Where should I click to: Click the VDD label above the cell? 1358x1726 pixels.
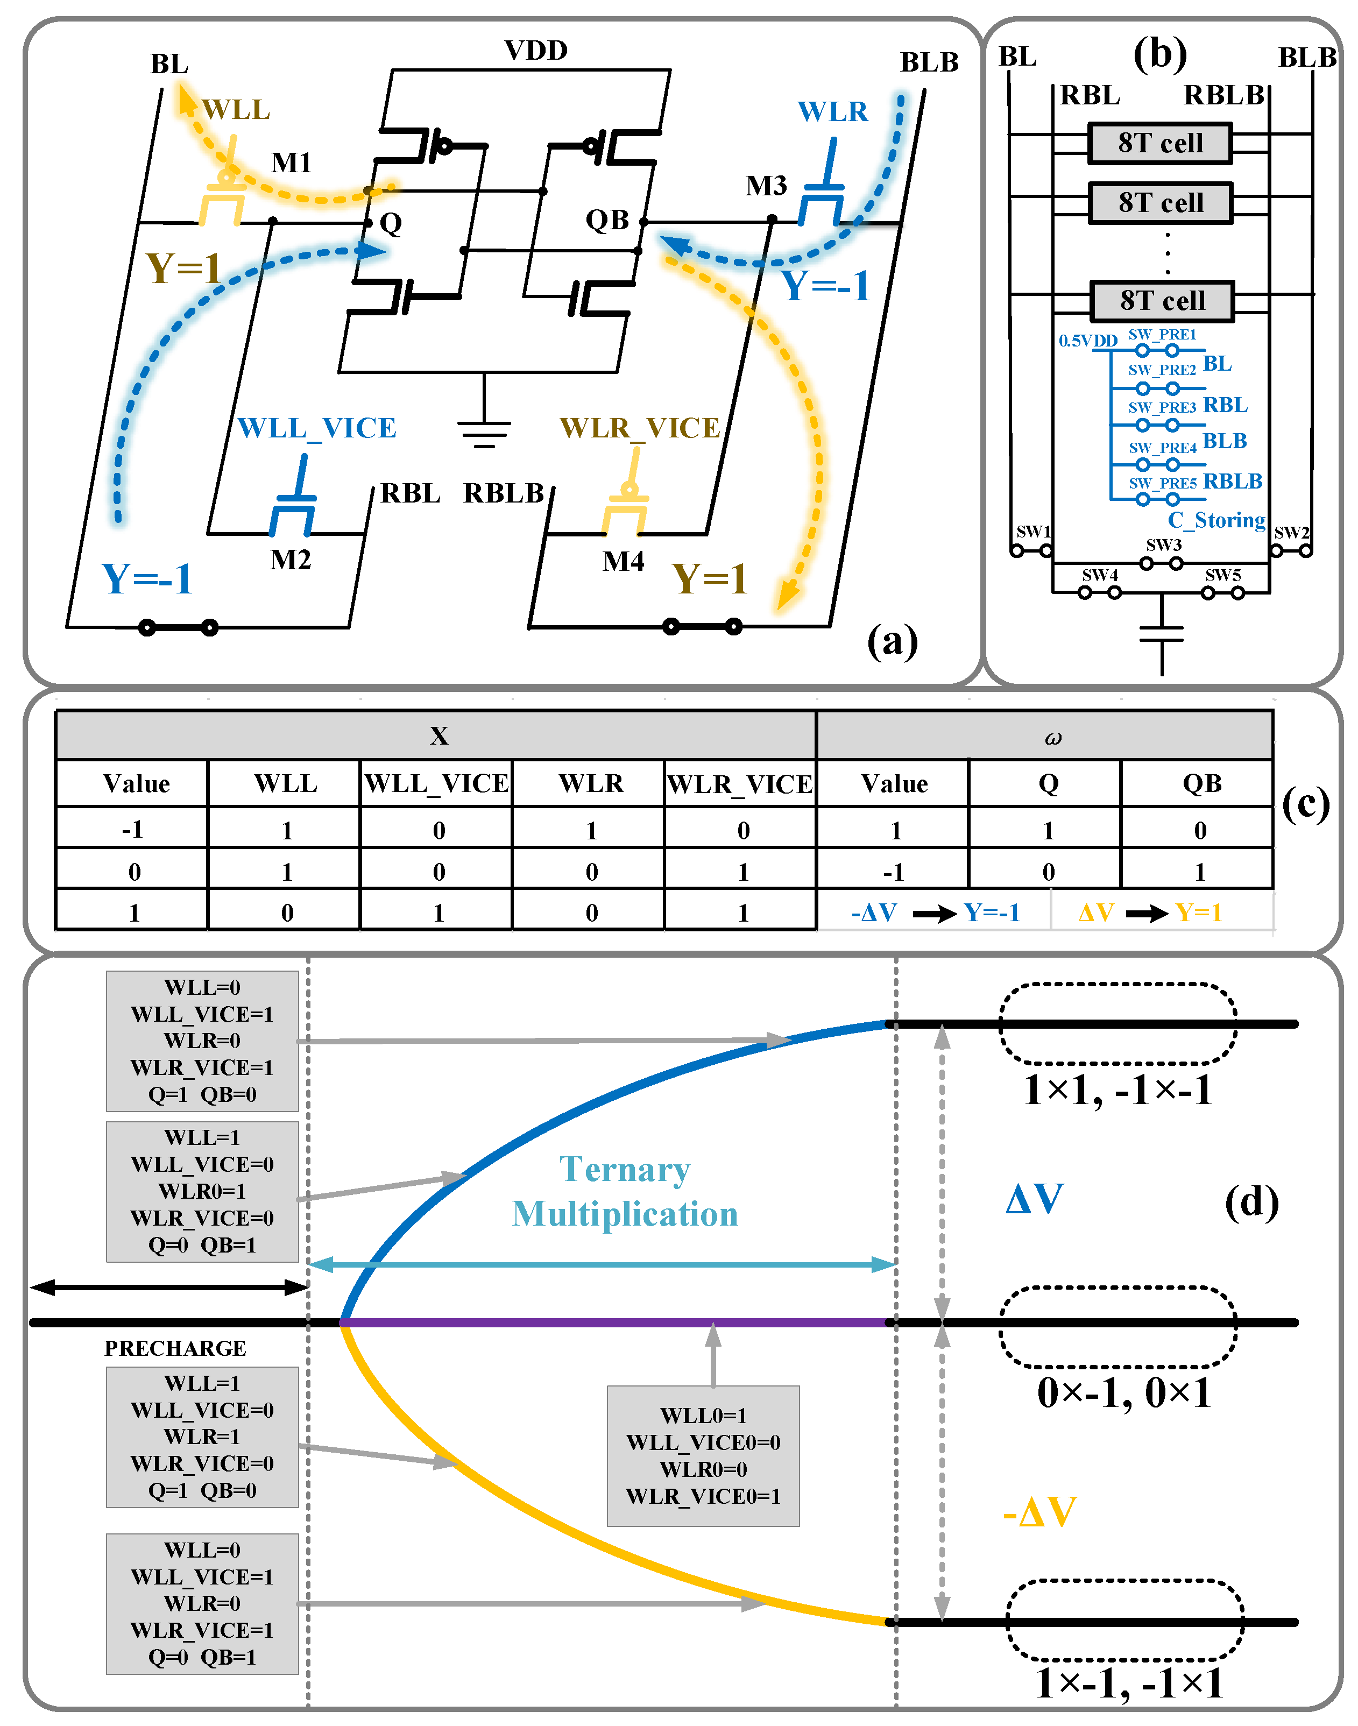pyautogui.click(x=536, y=50)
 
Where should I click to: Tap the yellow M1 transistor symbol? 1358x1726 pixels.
pyautogui.click(x=223, y=195)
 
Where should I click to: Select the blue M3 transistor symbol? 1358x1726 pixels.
pyautogui.click(x=822, y=195)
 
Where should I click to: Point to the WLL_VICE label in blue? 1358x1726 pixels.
pyautogui.click(x=316, y=428)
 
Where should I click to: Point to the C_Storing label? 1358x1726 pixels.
pyautogui.click(x=1216, y=520)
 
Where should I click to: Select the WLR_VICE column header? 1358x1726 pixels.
pyautogui.click(x=739, y=784)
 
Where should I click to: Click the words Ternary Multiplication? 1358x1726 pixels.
pyautogui.click(x=625, y=1191)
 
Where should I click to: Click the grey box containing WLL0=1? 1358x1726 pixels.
pyautogui.click(x=703, y=1455)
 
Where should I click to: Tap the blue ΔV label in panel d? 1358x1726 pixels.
pyautogui.click(x=1034, y=1198)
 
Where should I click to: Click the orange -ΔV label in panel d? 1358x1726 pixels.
pyautogui.click(x=1039, y=1511)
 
